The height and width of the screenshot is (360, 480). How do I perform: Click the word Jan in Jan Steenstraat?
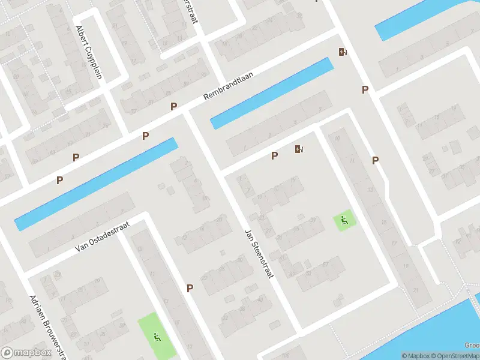248,235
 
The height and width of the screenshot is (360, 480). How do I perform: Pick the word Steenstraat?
262,260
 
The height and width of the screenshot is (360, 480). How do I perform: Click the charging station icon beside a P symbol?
299,149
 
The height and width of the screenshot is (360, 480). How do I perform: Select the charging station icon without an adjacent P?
343,52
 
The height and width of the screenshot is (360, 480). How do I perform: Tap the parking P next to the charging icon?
275,156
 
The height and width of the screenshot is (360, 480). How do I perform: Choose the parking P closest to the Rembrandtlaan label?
174,107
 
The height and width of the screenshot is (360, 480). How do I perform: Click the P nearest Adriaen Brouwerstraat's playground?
190,288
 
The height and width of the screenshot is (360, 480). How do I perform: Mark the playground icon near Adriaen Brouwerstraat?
157,337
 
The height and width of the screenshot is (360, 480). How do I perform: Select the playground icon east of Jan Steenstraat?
344,221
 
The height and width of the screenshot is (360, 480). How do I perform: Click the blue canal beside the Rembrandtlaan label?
272,93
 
